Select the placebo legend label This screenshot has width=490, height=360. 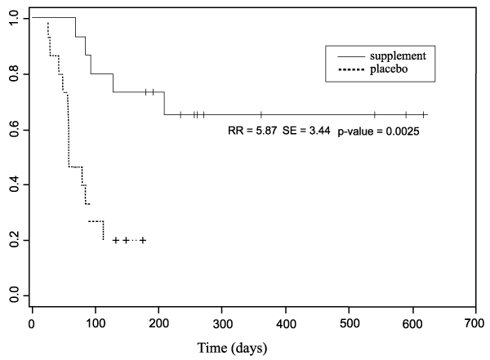[x=389, y=70]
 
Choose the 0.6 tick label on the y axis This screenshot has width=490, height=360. [x=15, y=129]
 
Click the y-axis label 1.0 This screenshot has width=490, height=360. [x=15, y=18]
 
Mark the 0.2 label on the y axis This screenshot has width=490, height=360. [x=15, y=240]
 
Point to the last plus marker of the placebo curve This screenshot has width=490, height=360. [x=143, y=240]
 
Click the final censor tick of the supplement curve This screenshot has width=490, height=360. [x=423, y=114]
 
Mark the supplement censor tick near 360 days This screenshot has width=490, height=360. [x=261, y=114]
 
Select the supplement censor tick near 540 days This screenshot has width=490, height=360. [x=374, y=114]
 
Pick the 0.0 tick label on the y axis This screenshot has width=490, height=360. [x=15, y=296]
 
